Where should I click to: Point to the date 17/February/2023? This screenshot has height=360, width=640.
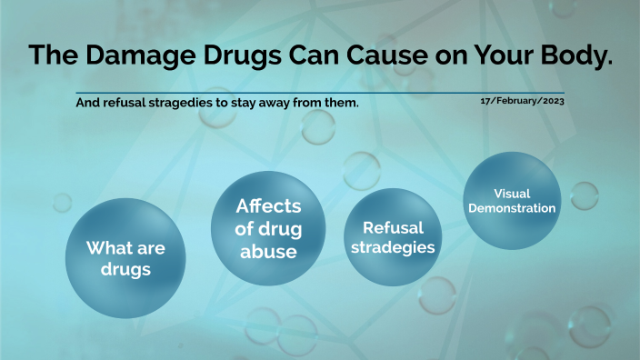coord(523,101)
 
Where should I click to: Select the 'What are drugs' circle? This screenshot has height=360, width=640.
coord(126,258)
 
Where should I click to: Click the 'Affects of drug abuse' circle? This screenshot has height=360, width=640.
coord(268,228)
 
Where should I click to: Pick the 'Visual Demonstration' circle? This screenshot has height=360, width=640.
coord(512,200)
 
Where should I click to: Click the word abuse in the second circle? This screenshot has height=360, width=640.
coord(268,252)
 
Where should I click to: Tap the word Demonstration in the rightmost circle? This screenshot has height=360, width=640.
coord(512,208)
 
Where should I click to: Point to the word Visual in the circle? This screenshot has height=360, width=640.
coord(512,194)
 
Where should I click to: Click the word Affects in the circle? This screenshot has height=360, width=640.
coord(268,206)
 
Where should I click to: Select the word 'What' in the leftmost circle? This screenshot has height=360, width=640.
coord(109,248)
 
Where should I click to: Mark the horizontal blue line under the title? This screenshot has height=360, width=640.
coord(318,93)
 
